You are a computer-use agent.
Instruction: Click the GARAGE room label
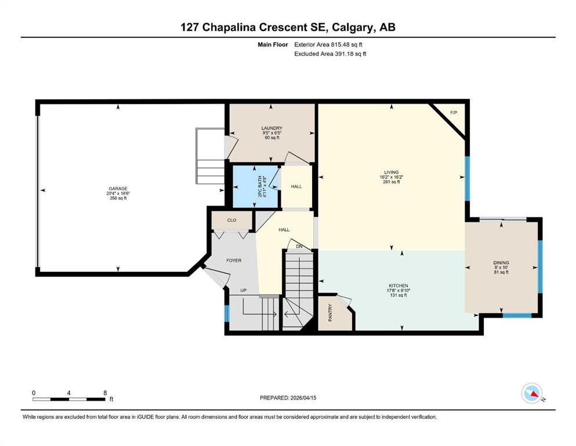pyautogui.click(x=118, y=189)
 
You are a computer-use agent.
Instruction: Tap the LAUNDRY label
pyautogui.click(x=272, y=128)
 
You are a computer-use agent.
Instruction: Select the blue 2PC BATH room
pyautogui.click(x=256, y=187)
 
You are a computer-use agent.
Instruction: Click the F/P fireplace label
pyautogui.click(x=454, y=113)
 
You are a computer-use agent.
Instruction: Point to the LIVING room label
pyautogui.click(x=391, y=172)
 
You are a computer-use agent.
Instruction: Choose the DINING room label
pyautogui.click(x=501, y=262)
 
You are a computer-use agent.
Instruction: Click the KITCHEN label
pyautogui.click(x=398, y=286)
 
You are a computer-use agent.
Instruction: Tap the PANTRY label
pyautogui.click(x=330, y=313)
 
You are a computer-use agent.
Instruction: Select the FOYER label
pyautogui.click(x=234, y=260)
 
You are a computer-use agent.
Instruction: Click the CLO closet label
pyautogui.click(x=231, y=220)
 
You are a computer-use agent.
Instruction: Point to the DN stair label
pyautogui.click(x=299, y=246)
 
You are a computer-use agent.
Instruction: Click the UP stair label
pyautogui.click(x=243, y=290)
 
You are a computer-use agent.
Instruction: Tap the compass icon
pyautogui.click(x=532, y=393)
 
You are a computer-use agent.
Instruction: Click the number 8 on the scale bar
pyautogui.click(x=105, y=393)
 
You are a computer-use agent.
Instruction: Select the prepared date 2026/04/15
pyautogui.click(x=303, y=398)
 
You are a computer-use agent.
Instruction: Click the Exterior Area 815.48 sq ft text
pyautogui.click(x=328, y=45)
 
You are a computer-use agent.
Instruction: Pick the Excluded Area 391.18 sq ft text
pyautogui.click(x=330, y=54)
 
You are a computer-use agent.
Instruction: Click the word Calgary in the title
pyautogui.click(x=353, y=27)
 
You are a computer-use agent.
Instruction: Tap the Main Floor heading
pyautogui.click(x=273, y=45)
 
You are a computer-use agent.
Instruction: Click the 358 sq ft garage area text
pyautogui.click(x=118, y=198)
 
